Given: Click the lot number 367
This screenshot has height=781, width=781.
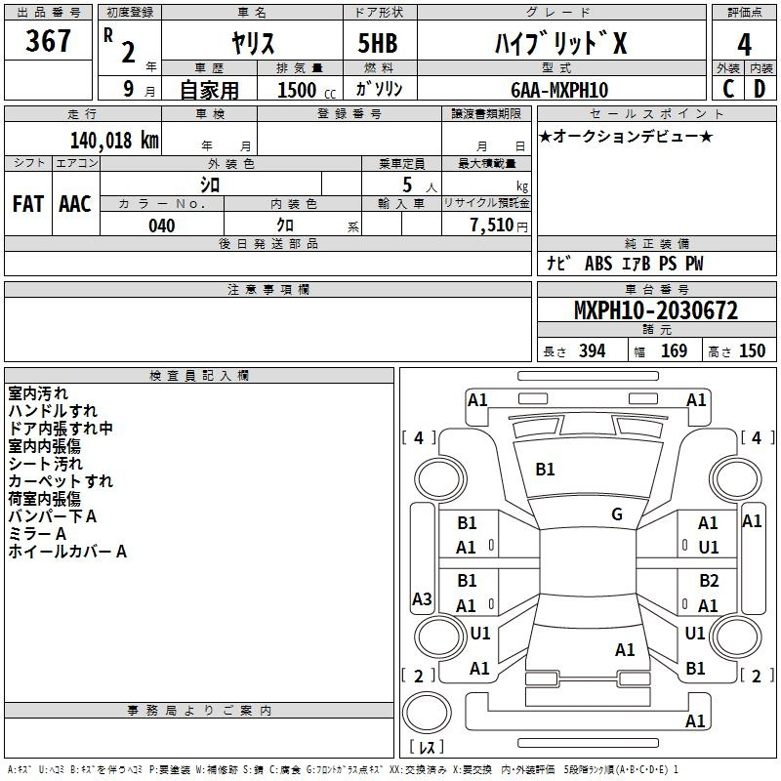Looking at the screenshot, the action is pyautogui.click(x=48, y=40).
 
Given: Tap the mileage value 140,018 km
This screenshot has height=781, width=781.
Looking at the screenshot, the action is pyautogui.click(x=114, y=141).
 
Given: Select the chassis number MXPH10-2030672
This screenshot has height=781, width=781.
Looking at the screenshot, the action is pyautogui.click(x=656, y=310).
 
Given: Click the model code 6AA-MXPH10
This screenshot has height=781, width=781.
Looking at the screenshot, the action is pyautogui.click(x=559, y=90).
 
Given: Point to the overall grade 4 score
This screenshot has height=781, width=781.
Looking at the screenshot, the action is pyautogui.click(x=744, y=45).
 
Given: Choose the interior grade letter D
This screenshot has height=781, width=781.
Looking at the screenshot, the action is pyautogui.click(x=760, y=89).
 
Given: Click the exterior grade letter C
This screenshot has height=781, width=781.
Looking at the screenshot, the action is pyautogui.click(x=728, y=89).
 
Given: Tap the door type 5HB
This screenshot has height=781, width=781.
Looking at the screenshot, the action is pyautogui.click(x=378, y=43).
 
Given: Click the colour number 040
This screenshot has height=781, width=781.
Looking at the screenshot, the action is pyautogui.click(x=162, y=226).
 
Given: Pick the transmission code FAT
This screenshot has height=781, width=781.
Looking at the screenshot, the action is pyautogui.click(x=28, y=204).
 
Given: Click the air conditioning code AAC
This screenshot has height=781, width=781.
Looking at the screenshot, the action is pyautogui.click(x=75, y=204).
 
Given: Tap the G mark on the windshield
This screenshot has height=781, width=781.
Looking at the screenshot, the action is pyautogui.click(x=617, y=514).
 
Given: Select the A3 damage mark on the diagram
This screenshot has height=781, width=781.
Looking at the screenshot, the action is pyautogui.click(x=422, y=598).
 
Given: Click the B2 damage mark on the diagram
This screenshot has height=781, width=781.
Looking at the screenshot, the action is pyautogui.click(x=709, y=581).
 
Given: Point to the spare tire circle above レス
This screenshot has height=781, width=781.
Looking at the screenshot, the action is pyautogui.click(x=427, y=713).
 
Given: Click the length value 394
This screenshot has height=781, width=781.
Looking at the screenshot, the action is pyautogui.click(x=593, y=350).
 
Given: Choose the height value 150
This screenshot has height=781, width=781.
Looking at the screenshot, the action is pyautogui.click(x=752, y=350).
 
